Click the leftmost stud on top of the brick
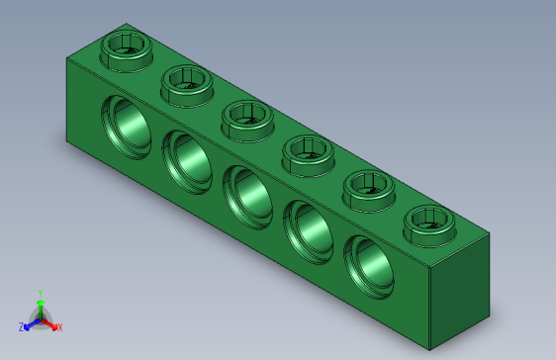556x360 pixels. (126, 46)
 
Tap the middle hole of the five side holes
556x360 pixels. (247, 193)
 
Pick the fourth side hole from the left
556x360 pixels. (308, 228)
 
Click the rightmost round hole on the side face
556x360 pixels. (368, 263)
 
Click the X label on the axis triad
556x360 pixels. (59, 327)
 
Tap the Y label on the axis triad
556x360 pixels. (40, 293)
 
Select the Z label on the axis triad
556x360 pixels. (22, 327)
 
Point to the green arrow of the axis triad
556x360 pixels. (40, 305)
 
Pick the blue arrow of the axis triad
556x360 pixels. (31, 323)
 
